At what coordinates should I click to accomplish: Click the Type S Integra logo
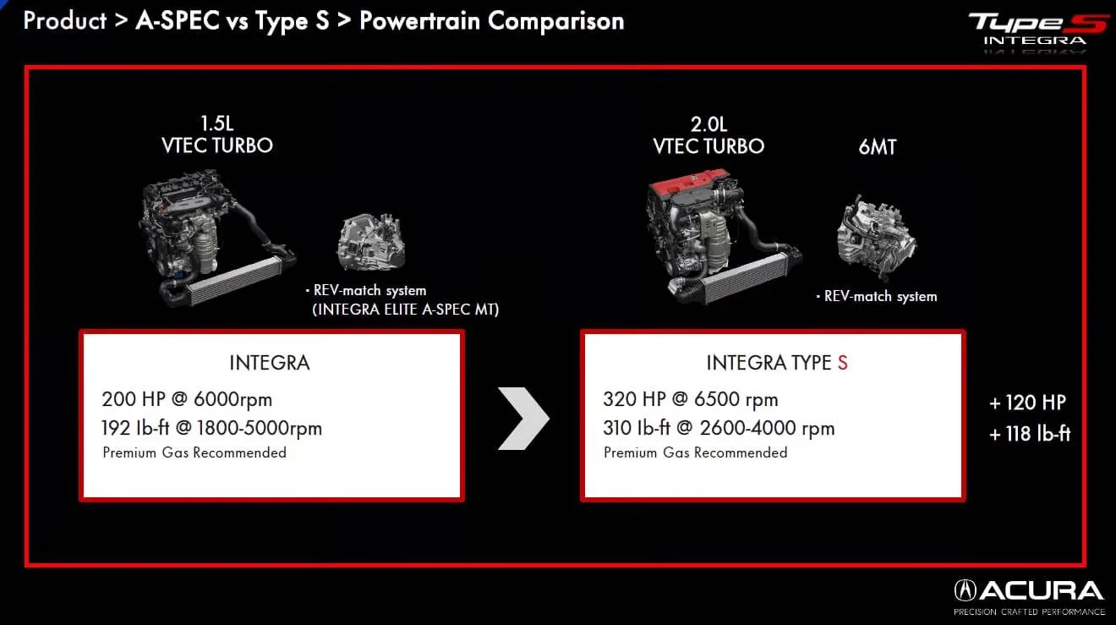click(1037, 29)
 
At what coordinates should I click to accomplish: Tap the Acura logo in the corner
click(1029, 592)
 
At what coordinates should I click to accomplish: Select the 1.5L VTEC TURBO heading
click(217, 135)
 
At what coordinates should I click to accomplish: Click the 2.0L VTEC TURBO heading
click(708, 135)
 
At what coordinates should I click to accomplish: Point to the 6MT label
click(877, 147)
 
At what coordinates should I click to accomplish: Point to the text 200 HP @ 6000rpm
click(187, 399)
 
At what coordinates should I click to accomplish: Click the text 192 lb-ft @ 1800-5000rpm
click(211, 428)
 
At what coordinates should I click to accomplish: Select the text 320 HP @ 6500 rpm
click(690, 399)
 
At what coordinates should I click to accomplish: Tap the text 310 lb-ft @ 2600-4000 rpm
click(719, 428)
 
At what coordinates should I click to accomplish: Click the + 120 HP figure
click(1027, 403)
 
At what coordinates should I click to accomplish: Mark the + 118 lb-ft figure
click(1030, 434)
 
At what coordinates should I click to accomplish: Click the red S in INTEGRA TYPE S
click(842, 364)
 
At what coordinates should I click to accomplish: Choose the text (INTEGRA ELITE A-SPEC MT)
click(406, 310)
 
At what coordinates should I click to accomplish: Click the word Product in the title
click(63, 20)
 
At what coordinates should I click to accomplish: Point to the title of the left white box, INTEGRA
click(270, 364)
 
